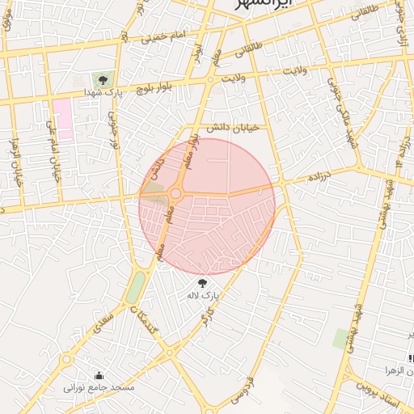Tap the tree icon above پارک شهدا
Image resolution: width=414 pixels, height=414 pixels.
click(103, 79)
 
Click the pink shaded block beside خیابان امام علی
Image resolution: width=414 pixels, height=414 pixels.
click(63, 120)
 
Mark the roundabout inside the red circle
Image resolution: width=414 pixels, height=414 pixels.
click(175, 193)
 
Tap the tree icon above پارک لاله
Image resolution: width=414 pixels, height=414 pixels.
click(202, 283)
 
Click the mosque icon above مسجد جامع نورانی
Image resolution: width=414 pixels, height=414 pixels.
click(99, 375)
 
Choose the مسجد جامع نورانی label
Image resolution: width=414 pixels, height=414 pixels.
click(100, 389)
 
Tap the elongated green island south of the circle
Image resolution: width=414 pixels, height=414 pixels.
click(136, 287)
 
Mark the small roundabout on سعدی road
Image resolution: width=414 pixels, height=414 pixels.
click(66, 358)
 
